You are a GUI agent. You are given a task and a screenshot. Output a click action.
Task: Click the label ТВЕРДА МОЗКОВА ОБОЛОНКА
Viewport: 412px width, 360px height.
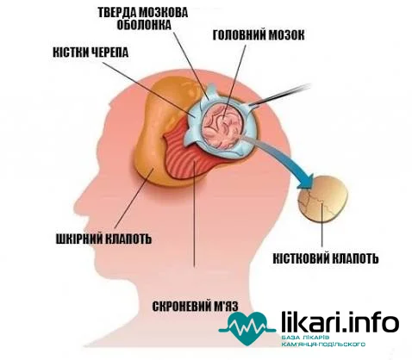tap(143, 19)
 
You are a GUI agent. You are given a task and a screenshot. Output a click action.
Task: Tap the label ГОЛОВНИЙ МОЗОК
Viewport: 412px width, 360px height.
tap(259, 35)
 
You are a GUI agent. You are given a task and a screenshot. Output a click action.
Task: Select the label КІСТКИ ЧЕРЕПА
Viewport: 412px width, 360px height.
tap(91, 53)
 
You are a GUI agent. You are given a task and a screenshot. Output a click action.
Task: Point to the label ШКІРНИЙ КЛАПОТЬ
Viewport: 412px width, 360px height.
tap(103, 239)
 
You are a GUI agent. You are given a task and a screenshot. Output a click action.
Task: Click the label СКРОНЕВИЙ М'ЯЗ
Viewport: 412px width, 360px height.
tap(195, 307)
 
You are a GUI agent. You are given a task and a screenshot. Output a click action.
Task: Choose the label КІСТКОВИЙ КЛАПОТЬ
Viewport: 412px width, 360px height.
tap(326, 258)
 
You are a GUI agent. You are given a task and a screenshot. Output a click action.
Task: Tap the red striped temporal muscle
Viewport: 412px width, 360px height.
tap(190, 158)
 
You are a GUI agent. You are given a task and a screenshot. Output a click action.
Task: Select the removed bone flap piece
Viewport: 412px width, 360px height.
tap(323, 199)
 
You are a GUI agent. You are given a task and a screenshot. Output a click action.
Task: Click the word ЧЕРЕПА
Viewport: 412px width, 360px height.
tap(109, 53)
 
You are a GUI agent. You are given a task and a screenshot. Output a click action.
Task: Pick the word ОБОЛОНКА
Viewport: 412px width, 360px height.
tap(144, 25)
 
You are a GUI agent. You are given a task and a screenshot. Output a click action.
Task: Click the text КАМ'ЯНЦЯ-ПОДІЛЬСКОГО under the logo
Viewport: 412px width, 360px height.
tap(323, 344)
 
